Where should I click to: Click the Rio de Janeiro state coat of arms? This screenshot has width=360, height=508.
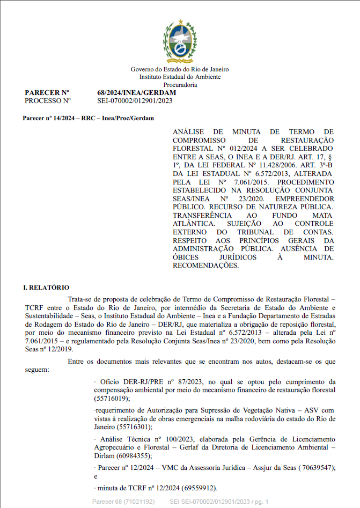point(180,42)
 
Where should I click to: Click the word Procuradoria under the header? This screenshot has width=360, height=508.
point(180,85)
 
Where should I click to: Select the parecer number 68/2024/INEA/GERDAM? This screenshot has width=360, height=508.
point(136,92)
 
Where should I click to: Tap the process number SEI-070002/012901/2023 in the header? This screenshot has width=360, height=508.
point(135,100)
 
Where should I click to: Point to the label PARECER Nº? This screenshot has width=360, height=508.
point(47,92)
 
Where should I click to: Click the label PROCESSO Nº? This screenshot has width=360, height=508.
point(48,100)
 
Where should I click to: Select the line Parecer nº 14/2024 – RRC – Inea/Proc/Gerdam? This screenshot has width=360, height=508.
point(88,117)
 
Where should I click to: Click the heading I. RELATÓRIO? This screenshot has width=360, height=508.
point(46,288)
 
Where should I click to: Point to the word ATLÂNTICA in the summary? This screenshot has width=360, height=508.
point(195,223)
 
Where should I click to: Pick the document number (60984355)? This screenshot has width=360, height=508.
point(133,455)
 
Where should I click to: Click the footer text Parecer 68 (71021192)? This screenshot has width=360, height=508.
point(124,502)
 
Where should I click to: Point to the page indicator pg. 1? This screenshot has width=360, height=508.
point(260,502)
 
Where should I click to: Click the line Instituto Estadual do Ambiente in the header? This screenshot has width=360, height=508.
point(180,77)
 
